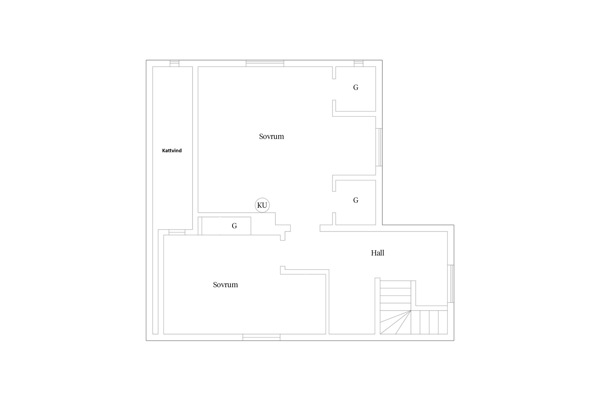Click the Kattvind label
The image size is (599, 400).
pos(172,151)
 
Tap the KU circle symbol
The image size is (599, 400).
pos(262,205)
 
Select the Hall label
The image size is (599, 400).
pos(378,253)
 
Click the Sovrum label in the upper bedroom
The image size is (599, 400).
pos(272,137)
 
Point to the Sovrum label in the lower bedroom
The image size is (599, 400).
pos(225,285)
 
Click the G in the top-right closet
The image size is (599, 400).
pos(356,87)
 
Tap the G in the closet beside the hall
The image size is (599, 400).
pos(356,200)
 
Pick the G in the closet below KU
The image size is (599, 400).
pos(234,226)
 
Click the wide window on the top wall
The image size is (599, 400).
pos(265,63)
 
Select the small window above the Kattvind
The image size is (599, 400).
pos(175,63)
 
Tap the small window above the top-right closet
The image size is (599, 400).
pos(359,63)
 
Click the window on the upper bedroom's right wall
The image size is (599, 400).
pos(379,147)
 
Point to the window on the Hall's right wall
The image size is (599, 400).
pos(451,284)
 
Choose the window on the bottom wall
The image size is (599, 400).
pos(261,337)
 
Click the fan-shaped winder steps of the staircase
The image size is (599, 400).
pos(395,322)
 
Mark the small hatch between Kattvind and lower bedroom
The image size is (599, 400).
pos(177,232)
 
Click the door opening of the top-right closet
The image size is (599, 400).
pos(334,90)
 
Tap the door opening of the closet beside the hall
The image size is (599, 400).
pos(334,202)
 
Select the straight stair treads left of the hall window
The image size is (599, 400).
pos(395,295)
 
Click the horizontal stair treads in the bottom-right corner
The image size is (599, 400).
pos(429,322)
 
